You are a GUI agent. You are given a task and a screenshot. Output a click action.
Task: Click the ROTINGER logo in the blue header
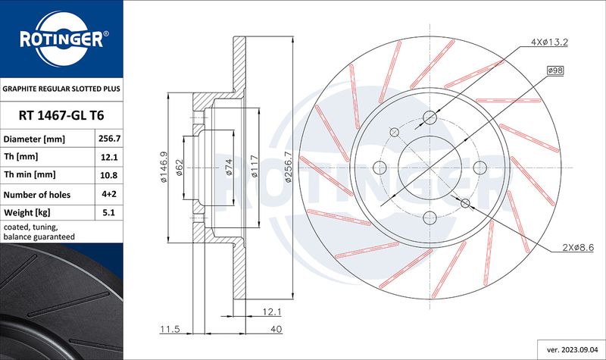click(62, 39)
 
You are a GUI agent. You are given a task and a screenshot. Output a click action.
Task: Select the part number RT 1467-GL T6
click(61, 115)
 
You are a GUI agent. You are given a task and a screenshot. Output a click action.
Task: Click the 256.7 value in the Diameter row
click(109, 139)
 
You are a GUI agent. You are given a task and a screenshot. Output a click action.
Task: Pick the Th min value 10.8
click(109, 175)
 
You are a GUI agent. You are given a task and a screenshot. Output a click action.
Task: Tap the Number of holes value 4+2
click(109, 194)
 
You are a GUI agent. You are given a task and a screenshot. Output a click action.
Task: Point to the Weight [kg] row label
click(27, 212)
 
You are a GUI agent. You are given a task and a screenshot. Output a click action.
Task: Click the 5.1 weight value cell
click(109, 212)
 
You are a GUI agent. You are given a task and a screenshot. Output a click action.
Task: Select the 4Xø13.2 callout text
click(549, 42)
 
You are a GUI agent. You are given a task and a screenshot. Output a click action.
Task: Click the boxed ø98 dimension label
click(555, 70)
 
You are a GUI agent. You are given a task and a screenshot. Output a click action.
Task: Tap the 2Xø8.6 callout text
click(578, 248)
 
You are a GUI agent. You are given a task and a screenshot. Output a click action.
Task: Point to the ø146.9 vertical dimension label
click(164, 167)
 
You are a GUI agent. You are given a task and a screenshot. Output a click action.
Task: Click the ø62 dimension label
click(180, 167)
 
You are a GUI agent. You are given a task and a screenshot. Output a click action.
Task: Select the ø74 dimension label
click(229, 167)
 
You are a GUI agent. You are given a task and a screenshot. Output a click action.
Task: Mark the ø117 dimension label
click(254, 166)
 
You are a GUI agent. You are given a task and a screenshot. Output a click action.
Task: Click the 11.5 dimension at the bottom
click(170, 329)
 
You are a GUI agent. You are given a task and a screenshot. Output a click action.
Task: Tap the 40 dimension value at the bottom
click(276, 329)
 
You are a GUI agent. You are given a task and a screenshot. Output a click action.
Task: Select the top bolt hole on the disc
click(430, 117)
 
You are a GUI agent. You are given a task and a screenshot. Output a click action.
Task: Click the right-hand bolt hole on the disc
click(480, 167)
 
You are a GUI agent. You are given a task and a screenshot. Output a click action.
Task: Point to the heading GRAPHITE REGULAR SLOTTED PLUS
click(61, 89)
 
